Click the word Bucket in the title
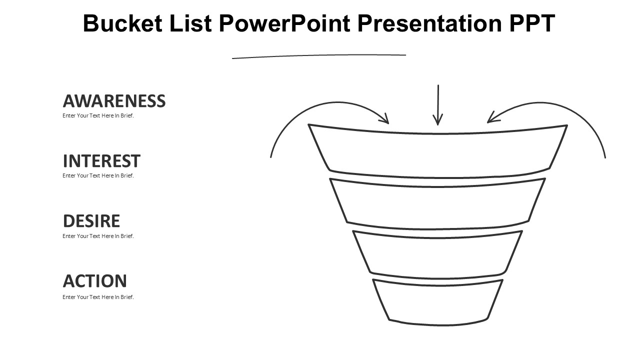click(x=122, y=23)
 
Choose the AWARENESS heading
click(x=114, y=101)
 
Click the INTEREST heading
click(x=101, y=161)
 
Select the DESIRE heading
click(x=91, y=221)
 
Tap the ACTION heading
click(x=95, y=281)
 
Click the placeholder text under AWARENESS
click(x=98, y=115)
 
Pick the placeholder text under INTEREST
click(x=98, y=175)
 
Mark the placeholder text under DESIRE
click(x=98, y=236)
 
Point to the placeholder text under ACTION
click(x=98, y=297)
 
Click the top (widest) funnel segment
click(x=438, y=154)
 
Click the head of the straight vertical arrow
click(x=438, y=121)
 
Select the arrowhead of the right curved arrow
click(x=491, y=119)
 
